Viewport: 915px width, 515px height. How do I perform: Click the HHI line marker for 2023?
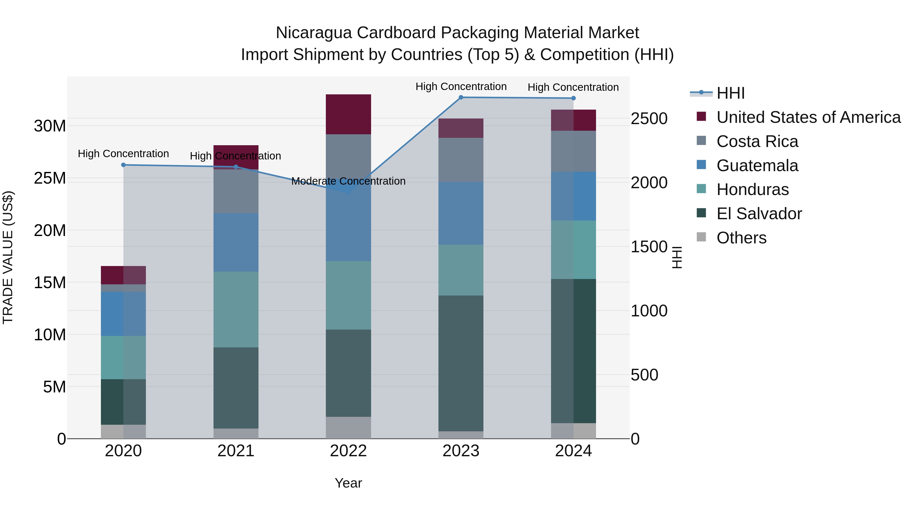pos(461,97)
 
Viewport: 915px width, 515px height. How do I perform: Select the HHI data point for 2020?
pos(123,165)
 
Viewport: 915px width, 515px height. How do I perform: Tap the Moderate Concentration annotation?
pos(348,181)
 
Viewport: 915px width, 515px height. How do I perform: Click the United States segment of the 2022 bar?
pos(348,114)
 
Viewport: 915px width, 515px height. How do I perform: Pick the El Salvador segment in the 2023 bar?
pos(461,363)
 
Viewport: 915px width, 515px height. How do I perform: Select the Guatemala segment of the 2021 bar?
pos(236,242)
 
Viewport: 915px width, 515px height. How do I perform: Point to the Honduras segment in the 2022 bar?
pos(348,295)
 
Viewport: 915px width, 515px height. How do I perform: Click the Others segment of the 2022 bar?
pos(348,428)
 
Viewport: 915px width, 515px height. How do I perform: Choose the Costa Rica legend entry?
pos(757,141)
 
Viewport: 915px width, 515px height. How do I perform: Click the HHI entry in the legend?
pos(730,93)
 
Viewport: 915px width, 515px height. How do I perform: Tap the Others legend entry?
pos(741,238)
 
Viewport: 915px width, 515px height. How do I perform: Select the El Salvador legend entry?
pos(759,214)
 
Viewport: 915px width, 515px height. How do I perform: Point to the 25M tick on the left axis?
pos(50,178)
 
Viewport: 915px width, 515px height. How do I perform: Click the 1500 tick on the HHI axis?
pos(649,247)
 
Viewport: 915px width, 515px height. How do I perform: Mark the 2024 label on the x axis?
pos(573,451)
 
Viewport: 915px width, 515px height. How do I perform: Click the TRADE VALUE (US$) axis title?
pos(8,257)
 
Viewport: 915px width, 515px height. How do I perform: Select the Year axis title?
pos(348,483)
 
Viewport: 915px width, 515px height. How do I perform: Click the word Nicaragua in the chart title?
pos(314,33)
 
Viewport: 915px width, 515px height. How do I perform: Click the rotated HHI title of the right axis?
pos(677,257)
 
